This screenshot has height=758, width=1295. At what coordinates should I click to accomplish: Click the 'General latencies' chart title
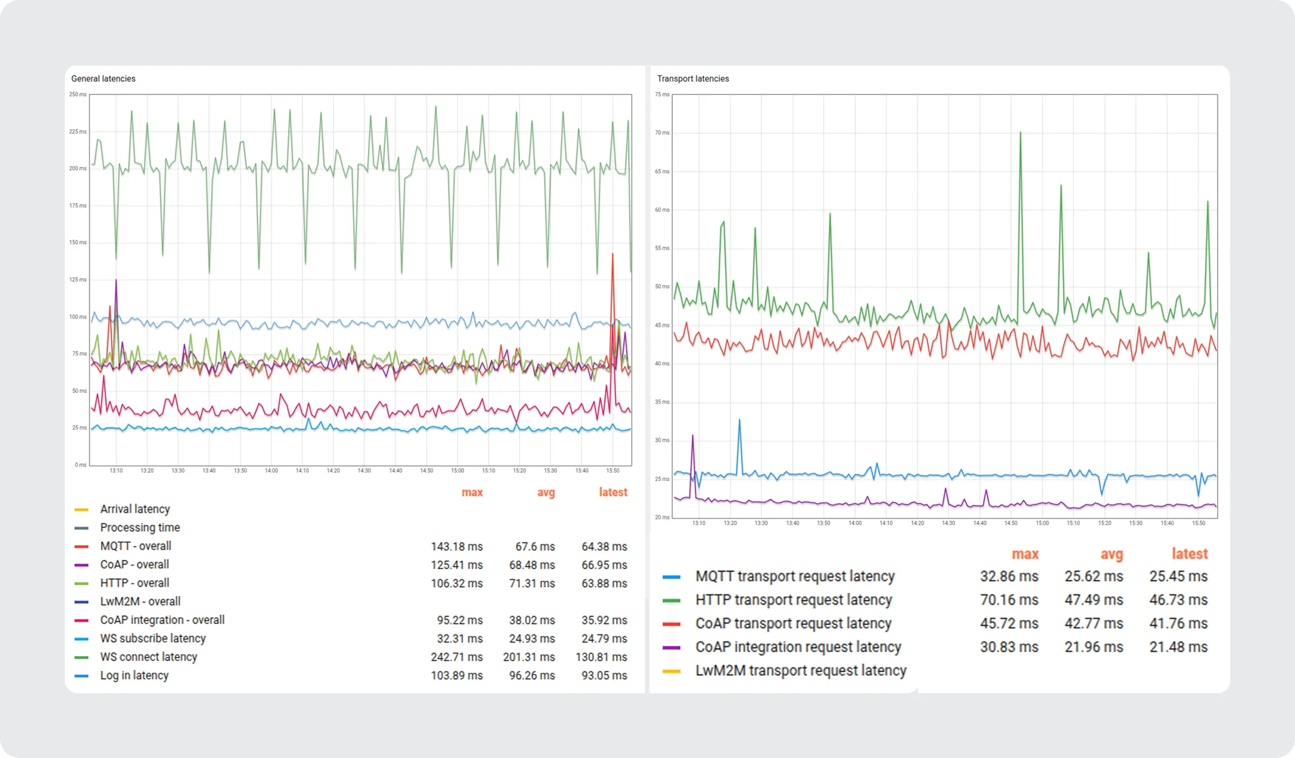click(103, 79)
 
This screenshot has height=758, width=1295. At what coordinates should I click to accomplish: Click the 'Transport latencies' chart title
click(693, 79)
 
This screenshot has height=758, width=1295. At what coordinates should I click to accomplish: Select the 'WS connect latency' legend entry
click(148, 657)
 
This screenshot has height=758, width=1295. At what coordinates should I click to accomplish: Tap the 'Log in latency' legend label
click(134, 675)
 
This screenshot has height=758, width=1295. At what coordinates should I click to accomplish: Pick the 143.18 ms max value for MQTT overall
click(456, 546)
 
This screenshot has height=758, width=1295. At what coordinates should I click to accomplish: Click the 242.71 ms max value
click(456, 657)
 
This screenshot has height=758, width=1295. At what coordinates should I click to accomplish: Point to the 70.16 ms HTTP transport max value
click(1009, 600)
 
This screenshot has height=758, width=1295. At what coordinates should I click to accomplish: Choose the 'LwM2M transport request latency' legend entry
click(801, 671)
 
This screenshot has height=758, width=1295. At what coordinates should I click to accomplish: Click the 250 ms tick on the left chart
click(78, 94)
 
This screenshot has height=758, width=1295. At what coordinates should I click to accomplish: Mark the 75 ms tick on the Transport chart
click(662, 94)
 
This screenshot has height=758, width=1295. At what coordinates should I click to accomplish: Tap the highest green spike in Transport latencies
click(1020, 133)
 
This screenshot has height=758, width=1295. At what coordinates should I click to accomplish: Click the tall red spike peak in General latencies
click(612, 254)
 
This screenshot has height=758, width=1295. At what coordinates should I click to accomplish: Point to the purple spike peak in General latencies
click(116, 280)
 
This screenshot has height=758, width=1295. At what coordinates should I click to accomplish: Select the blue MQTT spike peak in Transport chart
click(739, 420)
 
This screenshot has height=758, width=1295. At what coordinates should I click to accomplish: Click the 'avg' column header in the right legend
click(1112, 554)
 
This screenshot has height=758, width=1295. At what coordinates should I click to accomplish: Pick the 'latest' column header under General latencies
click(613, 492)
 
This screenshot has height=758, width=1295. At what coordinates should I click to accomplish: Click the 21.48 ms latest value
click(1178, 647)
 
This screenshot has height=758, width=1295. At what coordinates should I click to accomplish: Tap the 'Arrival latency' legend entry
click(135, 509)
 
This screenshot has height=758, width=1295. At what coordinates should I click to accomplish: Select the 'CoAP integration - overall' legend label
click(162, 620)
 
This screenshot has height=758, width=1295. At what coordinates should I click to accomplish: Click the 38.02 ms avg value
click(531, 620)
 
